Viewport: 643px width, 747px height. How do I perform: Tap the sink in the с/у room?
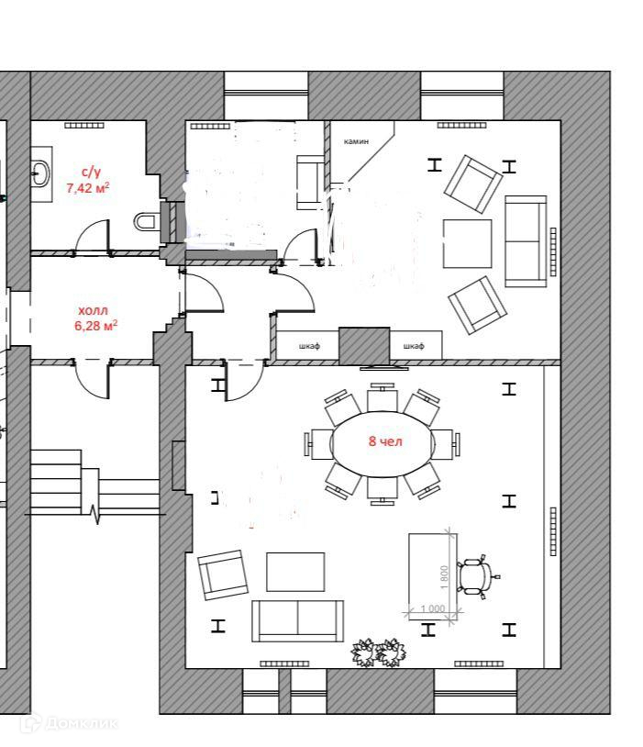(40, 173)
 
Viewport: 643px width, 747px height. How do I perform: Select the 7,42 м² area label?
(88, 187)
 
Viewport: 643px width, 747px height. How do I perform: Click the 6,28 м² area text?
(94, 325)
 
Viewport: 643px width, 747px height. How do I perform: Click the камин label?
(356, 141)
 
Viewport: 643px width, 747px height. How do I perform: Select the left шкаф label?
(310, 346)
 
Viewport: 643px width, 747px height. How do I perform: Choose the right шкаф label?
(414, 346)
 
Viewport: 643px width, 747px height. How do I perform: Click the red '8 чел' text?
(385, 441)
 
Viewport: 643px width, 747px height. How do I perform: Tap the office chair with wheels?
(474, 576)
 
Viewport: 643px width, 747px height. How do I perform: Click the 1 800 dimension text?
(444, 575)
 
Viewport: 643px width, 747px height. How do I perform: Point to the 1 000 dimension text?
(432, 608)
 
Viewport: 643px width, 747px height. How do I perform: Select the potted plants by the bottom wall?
(379, 652)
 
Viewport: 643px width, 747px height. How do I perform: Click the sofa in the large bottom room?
(297, 620)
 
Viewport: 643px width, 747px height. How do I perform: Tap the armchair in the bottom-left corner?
(224, 574)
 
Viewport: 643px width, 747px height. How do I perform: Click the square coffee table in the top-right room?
(467, 242)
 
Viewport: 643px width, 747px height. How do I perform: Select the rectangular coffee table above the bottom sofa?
(295, 571)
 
